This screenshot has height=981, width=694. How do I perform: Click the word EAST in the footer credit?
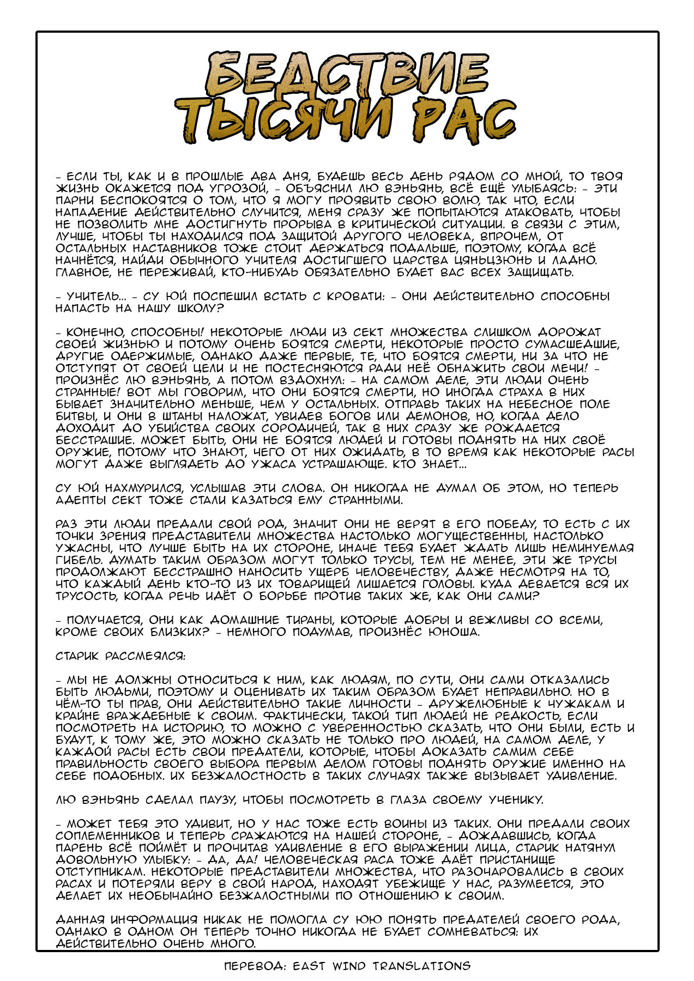[309, 966]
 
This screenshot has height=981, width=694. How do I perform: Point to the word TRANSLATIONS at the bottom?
[421, 966]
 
